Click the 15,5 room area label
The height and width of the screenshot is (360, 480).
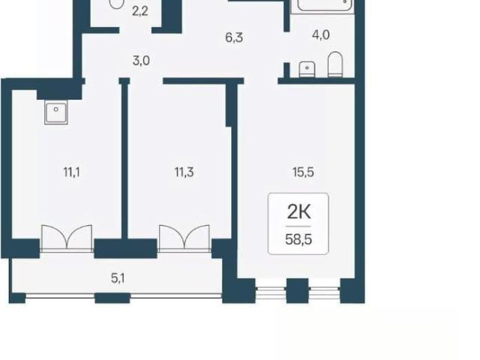pyautogui.click(x=303, y=172)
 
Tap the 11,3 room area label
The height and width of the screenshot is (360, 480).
pyautogui.click(x=184, y=172)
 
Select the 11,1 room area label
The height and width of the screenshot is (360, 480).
pyautogui.click(x=72, y=172)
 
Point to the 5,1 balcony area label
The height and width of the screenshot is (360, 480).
pyautogui.click(x=118, y=278)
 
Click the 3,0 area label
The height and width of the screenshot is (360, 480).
pyautogui.click(x=141, y=61)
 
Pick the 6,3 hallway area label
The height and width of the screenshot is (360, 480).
pyautogui.click(x=234, y=37)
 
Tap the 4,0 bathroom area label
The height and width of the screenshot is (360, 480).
pyautogui.click(x=321, y=35)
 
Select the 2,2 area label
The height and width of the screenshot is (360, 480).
pyautogui.click(x=140, y=12)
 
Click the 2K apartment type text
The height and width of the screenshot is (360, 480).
pyautogui.click(x=298, y=211)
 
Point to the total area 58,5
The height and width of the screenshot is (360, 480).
pyautogui.click(x=298, y=239)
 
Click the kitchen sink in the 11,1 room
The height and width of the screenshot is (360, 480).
pyautogui.click(x=56, y=112)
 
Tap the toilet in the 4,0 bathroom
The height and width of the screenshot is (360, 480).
pyautogui.click(x=335, y=64)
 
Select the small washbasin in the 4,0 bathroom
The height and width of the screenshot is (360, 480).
pyautogui.click(x=307, y=69)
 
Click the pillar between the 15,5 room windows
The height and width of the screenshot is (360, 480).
pyautogui.click(x=297, y=291)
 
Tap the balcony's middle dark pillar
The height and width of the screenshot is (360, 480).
pyautogui.click(x=112, y=298)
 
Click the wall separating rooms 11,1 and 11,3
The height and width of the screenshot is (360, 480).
pyautogui.click(x=124, y=159)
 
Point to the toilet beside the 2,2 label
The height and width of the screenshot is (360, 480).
pyautogui.click(x=116, y=4)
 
